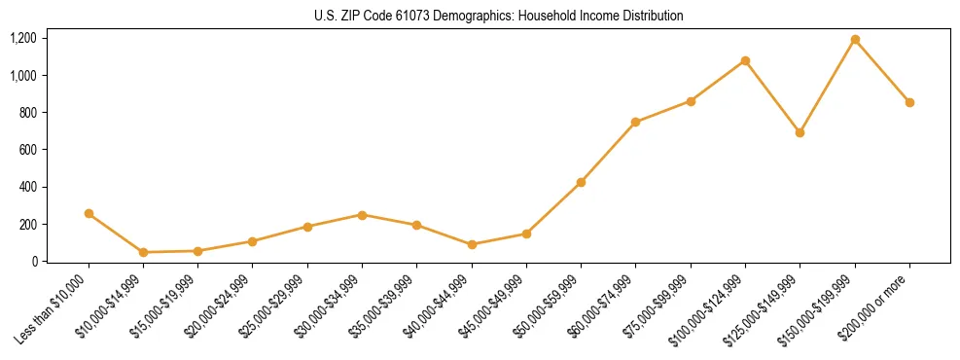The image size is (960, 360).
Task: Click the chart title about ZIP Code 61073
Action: pyautogui.click(x=499, y=16)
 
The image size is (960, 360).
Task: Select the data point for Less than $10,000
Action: pyautogui.click(x=89, y=213)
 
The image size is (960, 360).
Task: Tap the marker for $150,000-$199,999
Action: pyautogui.click(x=855, y=40)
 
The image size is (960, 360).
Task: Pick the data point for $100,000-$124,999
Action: pyautogui.click(x=745, y=60)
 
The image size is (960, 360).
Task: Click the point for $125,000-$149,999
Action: pyautogui.click(x=800, y=132)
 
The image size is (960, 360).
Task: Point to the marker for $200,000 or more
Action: pyautogui.click(x=909, y=102)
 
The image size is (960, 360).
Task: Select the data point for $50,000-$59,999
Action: pyautogui.click(x=581, y=182)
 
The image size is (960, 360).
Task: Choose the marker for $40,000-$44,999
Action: pyautogui.click(x=472, y=244)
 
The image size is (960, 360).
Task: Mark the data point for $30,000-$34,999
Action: pyautogui.click(x=362, y=214)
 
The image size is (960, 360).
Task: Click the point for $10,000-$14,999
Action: pyautogui.click(x=144, y=252)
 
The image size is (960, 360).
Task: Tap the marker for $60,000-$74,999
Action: pyautogui.click(x=635, y=122)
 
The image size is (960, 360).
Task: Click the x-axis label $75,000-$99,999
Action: pyautogui.click(x=661, y=303)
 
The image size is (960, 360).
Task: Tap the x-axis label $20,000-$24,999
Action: pyautogui.click(x=224, y=303)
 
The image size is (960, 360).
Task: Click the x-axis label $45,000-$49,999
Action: pyautogui.click(x=497, y=303)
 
